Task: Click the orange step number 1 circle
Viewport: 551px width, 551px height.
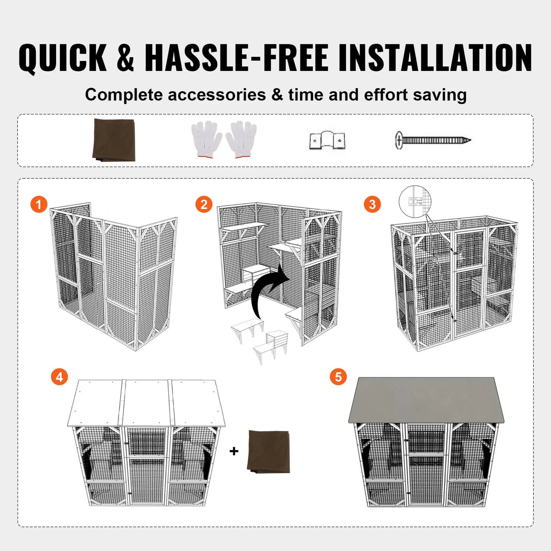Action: click(x=39, y=204)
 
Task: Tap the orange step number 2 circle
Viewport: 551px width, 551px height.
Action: click(x=204, y=204)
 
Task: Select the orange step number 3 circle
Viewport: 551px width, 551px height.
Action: click(x=372, y=204)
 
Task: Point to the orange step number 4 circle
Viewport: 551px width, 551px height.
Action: click(x=59, y=377)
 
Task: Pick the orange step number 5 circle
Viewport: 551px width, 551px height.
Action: click(x=338, y=377)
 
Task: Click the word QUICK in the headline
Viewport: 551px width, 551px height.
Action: click(x=63, y=58)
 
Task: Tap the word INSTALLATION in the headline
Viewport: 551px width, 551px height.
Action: click(x=435, y=58)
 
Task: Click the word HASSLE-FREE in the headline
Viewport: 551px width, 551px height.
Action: click(x=236, y=58)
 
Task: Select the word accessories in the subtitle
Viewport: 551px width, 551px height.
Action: click(x=217, y=95)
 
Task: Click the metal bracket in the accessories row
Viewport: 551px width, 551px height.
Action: click(x=327, y=141)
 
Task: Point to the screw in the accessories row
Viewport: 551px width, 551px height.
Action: click(x=433, y=140)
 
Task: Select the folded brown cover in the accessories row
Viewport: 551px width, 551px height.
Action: click(x=114, y=140)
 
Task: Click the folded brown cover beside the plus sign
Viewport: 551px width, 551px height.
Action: click(x=269, y=451)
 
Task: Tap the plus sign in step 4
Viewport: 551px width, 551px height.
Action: click(x=234, y=451)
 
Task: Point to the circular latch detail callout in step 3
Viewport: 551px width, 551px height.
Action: click(x=415, y=201)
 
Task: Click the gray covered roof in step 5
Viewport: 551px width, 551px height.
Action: click(x=426, y=400)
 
